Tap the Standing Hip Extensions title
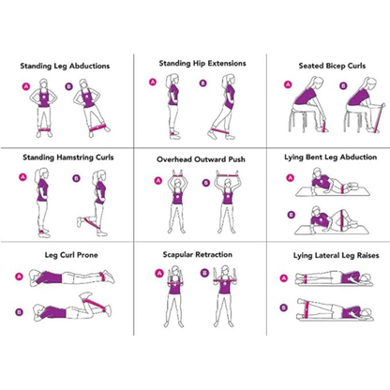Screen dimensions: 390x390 tap(202, 63)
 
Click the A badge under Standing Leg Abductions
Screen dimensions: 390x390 tap(26, 87)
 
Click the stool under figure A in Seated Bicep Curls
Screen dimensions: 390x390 tap(299, 126)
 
